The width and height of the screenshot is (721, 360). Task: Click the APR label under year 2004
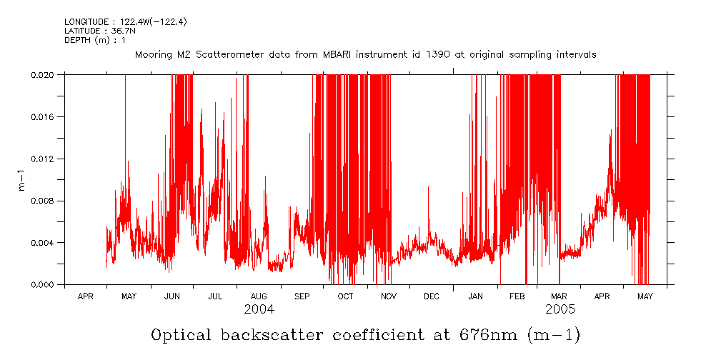pos(85,296)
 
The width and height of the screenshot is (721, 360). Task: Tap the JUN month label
pos(172,296)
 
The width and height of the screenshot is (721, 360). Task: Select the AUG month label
pos(259,296)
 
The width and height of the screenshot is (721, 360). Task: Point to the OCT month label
pos(345,296)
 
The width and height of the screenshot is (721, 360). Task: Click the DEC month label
pos(432,296)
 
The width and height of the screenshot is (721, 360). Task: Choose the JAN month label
pos(475,296)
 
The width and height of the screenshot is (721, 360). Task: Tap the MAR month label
pos(559,296)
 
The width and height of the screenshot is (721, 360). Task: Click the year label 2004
pos(259,310)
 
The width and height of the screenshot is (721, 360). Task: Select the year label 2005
pos(560,310)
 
